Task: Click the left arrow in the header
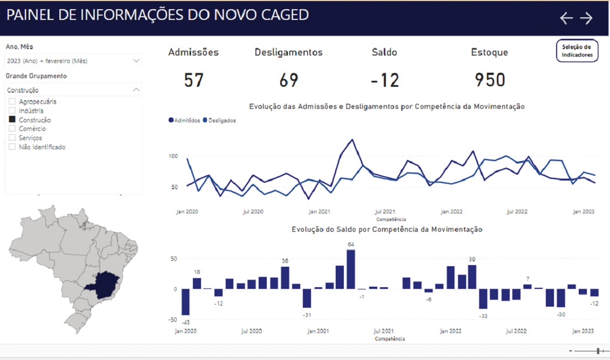566,18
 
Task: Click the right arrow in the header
586,18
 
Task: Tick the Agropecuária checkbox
12,101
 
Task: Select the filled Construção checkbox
12,120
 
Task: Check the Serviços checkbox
12,138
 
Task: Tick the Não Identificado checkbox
12,147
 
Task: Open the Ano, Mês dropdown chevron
136,61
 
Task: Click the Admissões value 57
193,80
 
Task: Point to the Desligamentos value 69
289,80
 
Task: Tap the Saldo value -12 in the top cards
385,80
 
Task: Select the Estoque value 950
490,80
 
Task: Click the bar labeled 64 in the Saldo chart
351,269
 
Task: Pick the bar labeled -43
185,302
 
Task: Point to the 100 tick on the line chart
173,156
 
